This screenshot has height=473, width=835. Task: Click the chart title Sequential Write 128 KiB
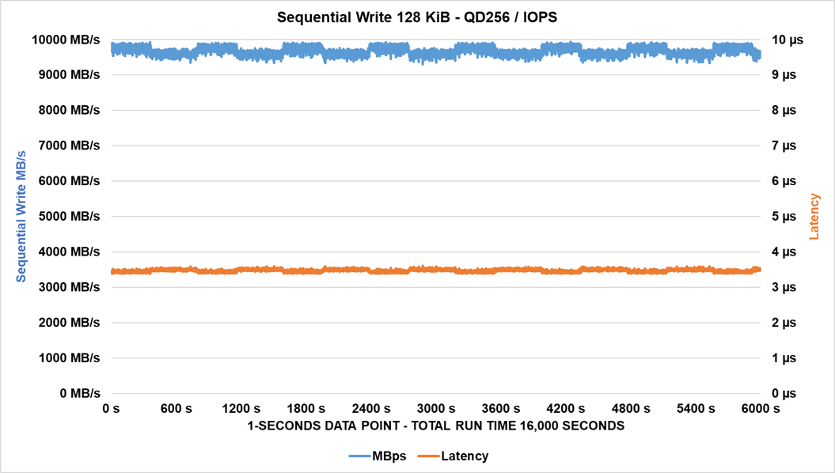click(417, 16)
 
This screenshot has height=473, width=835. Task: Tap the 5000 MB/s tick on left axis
click(68, 216)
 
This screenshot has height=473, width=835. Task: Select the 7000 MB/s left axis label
click(68, 146)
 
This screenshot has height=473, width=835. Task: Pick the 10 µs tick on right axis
click(787, 40)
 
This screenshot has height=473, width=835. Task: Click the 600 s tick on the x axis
click(176, 409)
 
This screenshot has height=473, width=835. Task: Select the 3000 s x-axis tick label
click(435, 409)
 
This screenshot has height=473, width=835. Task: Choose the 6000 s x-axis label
click(760, 409)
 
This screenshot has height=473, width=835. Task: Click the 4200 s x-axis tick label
click(565, 409)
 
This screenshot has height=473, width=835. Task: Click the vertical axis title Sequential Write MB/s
click(21, 216)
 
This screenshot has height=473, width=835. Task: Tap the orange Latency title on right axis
click(814, 216)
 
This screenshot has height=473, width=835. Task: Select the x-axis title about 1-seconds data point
click(435, 426)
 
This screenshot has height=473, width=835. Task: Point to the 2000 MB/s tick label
click(68, 322)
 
